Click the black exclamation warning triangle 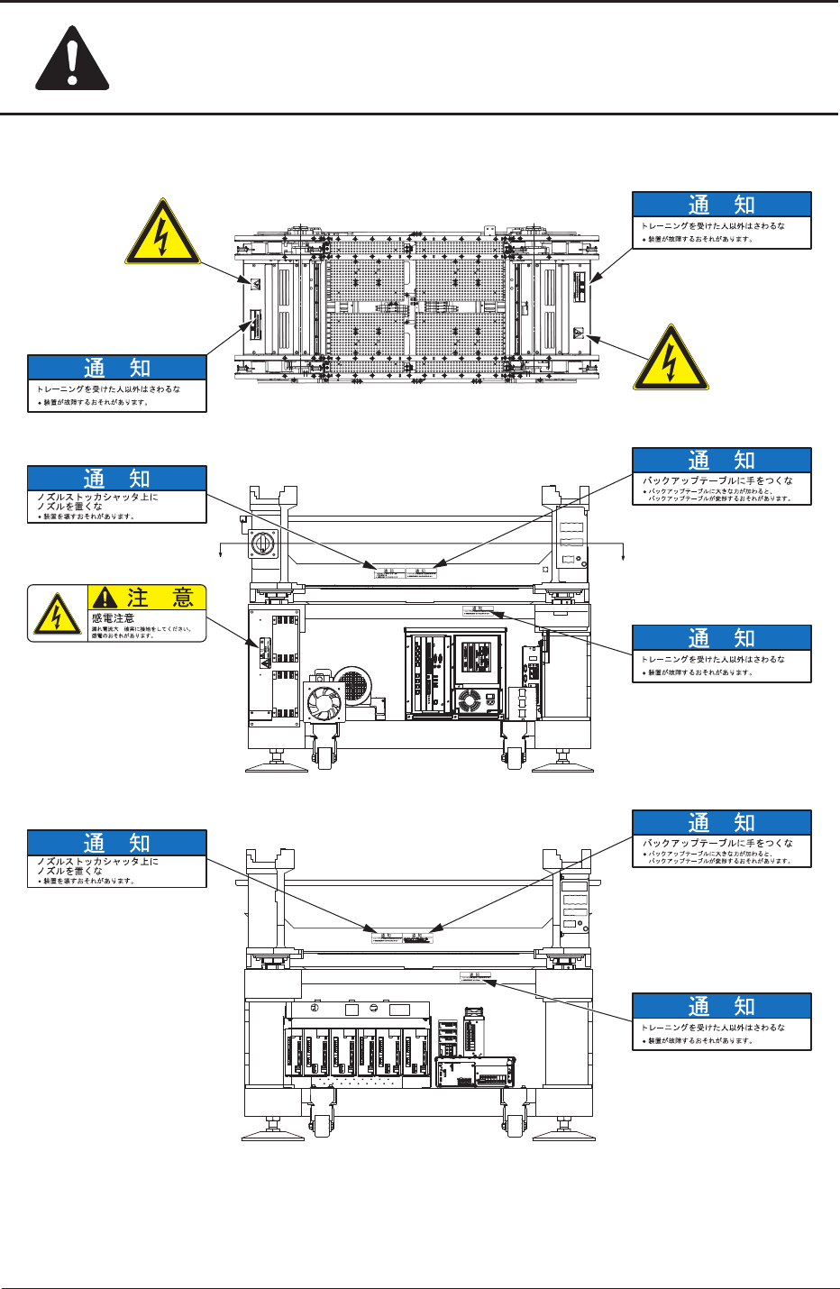click(x=72, y=58)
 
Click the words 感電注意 click(x=114, y=618)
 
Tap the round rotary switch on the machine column click(x=265, y=544)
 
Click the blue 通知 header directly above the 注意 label click(x=117, y=478)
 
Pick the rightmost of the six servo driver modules click(x=417, y=1054)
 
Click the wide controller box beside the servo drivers click(x=476, y=1072)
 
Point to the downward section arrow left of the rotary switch click(x=222, y=552)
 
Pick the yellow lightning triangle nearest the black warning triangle click(x=162, y=233)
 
